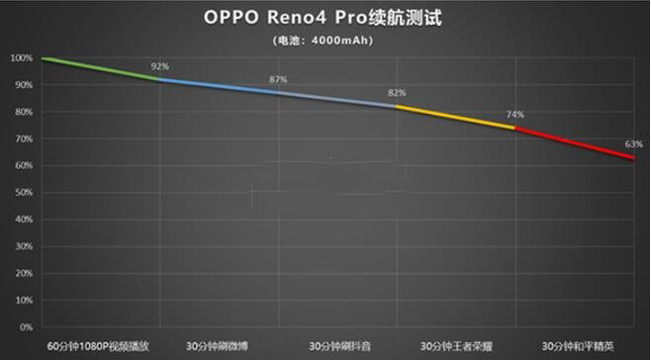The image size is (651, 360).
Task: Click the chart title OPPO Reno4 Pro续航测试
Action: click(325, 18)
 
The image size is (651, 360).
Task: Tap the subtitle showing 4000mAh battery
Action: click(325, 41)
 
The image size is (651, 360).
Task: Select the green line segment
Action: click(99, 69)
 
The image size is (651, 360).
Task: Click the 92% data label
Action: click(159, 66)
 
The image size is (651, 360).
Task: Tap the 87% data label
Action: click(278, 79)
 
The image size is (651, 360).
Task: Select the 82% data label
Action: click(397, 93)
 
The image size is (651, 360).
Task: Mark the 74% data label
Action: click(515, 115)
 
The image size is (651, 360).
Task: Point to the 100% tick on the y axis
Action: click(22, 58)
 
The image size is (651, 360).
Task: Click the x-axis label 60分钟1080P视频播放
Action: click(102, 346)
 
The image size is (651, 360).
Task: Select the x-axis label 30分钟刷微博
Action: click(219, 346)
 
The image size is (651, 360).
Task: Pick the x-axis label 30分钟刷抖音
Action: click(338, 346)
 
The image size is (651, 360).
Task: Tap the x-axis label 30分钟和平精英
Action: click(577, 346)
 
